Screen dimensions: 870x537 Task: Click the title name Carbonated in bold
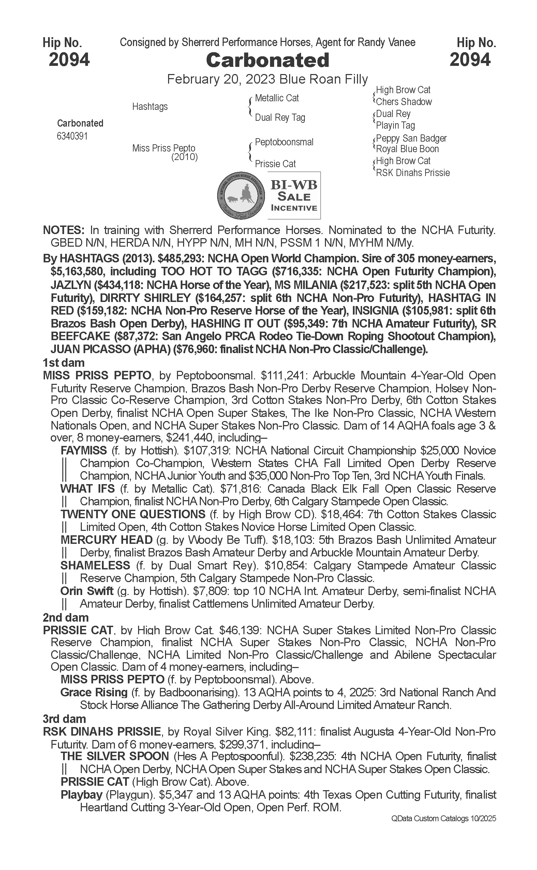[267, 60]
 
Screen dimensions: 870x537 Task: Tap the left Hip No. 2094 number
[69, 59]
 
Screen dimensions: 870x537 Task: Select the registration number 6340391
[72, 136]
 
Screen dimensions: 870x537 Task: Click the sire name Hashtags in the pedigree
[150, 106]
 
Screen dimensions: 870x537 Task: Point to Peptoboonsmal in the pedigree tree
[284, 142]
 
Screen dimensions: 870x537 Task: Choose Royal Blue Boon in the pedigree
[407, 149]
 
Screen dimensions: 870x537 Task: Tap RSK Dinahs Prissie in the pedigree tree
[413, 173]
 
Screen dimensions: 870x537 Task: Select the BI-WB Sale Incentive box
[294, 195]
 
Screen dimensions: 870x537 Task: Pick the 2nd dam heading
[66, 617]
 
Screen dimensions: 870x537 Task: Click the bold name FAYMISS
[84, 451]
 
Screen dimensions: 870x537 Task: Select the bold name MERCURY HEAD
[106, 540]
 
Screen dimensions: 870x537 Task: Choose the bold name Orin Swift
[87, 591]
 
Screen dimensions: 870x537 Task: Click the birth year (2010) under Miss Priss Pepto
[184, 157]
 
